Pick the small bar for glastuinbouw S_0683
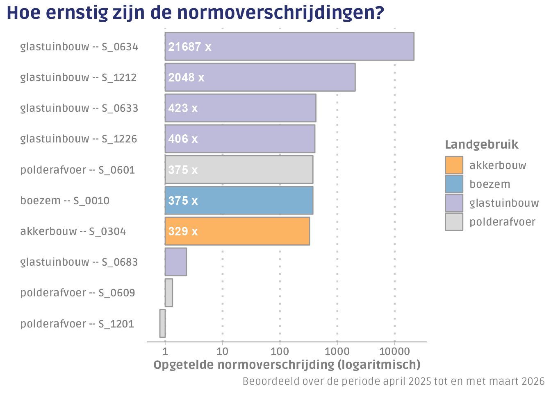coord(175,262)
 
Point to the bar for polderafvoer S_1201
coord(162,323)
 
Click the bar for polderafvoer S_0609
coord(168,293)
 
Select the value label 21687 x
coord(189,47)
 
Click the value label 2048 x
coord(186,77)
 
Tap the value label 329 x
coord(183,231)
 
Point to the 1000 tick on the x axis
coord(337,351)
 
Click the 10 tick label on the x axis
coord(222,351)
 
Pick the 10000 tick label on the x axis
coord(394,351)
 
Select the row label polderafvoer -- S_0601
coord(77,170)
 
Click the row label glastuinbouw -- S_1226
coord(78,139)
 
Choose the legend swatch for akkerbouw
coord(454,165)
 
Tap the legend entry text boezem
coord(490,184)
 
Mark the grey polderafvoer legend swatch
coord(454,222)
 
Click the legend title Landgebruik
coord(481,145)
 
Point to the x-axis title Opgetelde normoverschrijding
coord(287,365)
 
